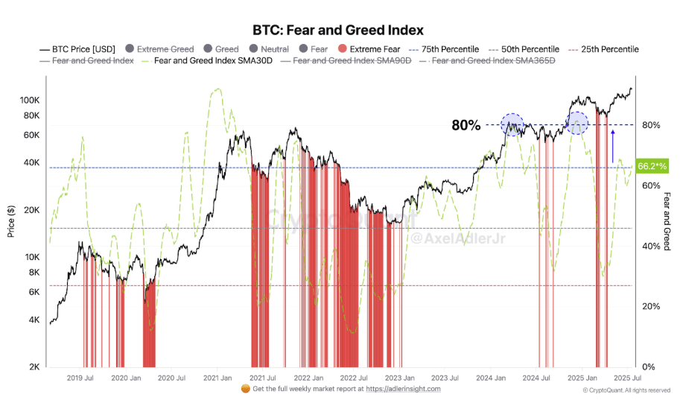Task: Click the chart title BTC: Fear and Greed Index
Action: pos(338,31)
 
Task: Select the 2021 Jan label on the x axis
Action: pos(216,378)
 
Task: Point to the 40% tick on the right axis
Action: pos(651,246)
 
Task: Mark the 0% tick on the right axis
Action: pos(649,367)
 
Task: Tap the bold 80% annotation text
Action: pos(466,125)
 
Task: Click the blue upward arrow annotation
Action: pos(612,145)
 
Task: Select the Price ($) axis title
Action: pos(11,222)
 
